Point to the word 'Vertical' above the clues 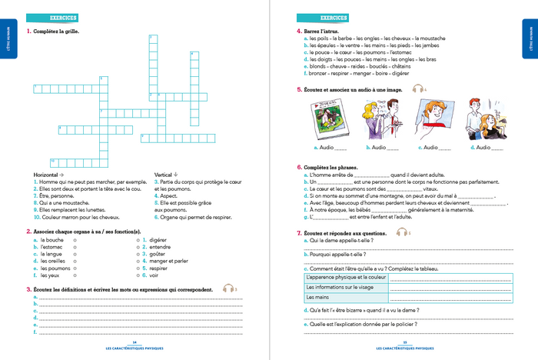tap(164, 174)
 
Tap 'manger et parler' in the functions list tap(169, 260)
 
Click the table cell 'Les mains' tap(317, 296)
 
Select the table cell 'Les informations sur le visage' tap(339, 286)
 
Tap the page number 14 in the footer tap(134, 342)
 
